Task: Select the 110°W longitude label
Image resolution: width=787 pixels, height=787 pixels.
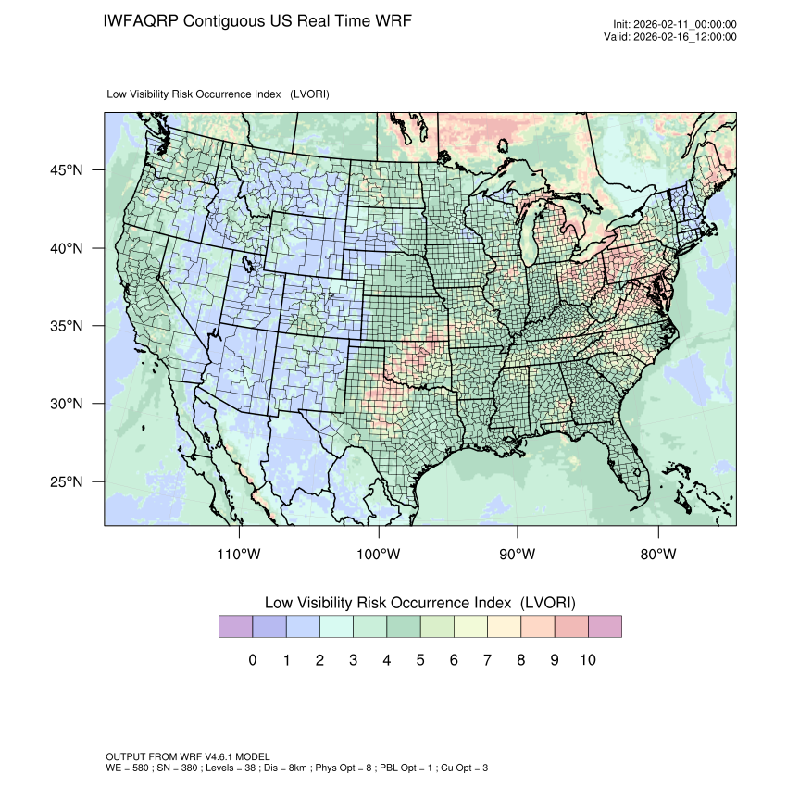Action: pyautogui.click(x=240, y=555)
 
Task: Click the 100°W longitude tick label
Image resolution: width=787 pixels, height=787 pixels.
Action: pyautogui.click(x=379, y=555)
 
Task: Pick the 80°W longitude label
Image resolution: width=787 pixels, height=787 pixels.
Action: pyautogui.click(x=658, y=555)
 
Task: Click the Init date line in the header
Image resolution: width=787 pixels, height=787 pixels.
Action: pyautogui.click(x=674, y=25)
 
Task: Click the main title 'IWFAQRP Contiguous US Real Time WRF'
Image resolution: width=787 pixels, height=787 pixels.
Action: pyautogui.click(x=257, y=21)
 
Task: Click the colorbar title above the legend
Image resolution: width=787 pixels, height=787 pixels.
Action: pyautogui.click(x=420, y=603)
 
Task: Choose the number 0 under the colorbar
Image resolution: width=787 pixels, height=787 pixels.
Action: pyautogui.click(x=253, y=660)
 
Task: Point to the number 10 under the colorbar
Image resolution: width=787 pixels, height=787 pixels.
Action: pyautogui.click(x=587, y=660)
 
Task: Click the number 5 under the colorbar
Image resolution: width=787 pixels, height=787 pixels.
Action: pyautogui.click(x=420, y=660)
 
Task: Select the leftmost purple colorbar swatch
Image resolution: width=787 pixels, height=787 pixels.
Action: pyautogui.click(x=235, y=627)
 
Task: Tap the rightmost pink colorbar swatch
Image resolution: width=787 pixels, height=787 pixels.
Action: pyautogui.click(x=605, y=627)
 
